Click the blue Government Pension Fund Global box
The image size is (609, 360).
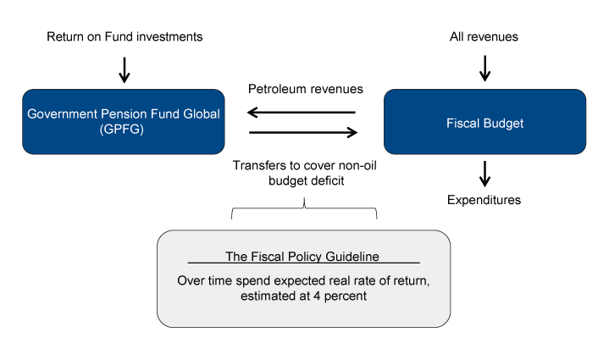[124, 122]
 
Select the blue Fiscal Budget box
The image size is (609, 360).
[484, 122]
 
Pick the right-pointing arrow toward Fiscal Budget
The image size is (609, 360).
[302, 132]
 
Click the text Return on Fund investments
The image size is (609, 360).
[124, 36]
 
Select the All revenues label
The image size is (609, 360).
[484, 36]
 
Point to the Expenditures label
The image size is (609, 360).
[484, 201]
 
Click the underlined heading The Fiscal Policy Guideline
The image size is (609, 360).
[303, 257]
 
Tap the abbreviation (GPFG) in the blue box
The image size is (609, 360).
[124, 131]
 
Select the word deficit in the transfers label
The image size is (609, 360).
[333, 180]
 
